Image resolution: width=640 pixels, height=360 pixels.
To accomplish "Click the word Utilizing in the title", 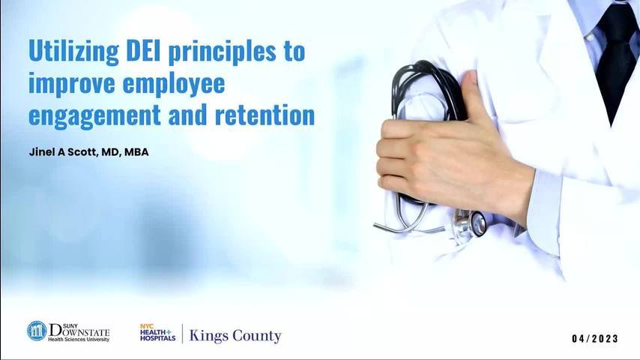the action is pyautogui.click(x=74, y=52).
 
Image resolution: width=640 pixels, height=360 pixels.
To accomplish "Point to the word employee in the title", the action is pyautogui.click(x=173, y=84).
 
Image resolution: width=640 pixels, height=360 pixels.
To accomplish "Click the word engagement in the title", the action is pyautogui.click(x=94, y=116).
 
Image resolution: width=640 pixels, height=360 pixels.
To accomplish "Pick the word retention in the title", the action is pyautogui.click(x=265, y=115).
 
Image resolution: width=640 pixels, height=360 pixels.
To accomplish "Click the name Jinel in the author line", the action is pyautogui.click(x=42, y=152).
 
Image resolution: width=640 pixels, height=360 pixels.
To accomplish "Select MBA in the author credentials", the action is pyautogui.click(x=136, y=152).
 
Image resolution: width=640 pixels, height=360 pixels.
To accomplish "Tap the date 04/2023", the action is pyautogui.click(x=595, y=339).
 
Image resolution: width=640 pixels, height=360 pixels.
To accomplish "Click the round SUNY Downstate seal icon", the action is pyautogui.click(x=37, y=331).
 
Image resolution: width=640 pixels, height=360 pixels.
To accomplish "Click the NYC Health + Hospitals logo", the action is pyautogui.click(x=157, y=332).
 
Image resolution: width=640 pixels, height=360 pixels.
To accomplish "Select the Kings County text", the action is pyautogui.click(x=235, y=336).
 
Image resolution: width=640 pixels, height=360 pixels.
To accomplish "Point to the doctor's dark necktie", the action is pyautogui.click(x=618, y=57).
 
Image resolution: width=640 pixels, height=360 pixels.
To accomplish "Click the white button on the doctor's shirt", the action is pyautogui.click(x=589, y=37).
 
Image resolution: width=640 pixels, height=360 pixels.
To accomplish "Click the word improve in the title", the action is pyautogui.click(x=72, y=84).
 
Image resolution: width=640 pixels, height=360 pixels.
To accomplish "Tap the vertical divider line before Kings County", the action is pyautogui.click(x=182, y=334).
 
